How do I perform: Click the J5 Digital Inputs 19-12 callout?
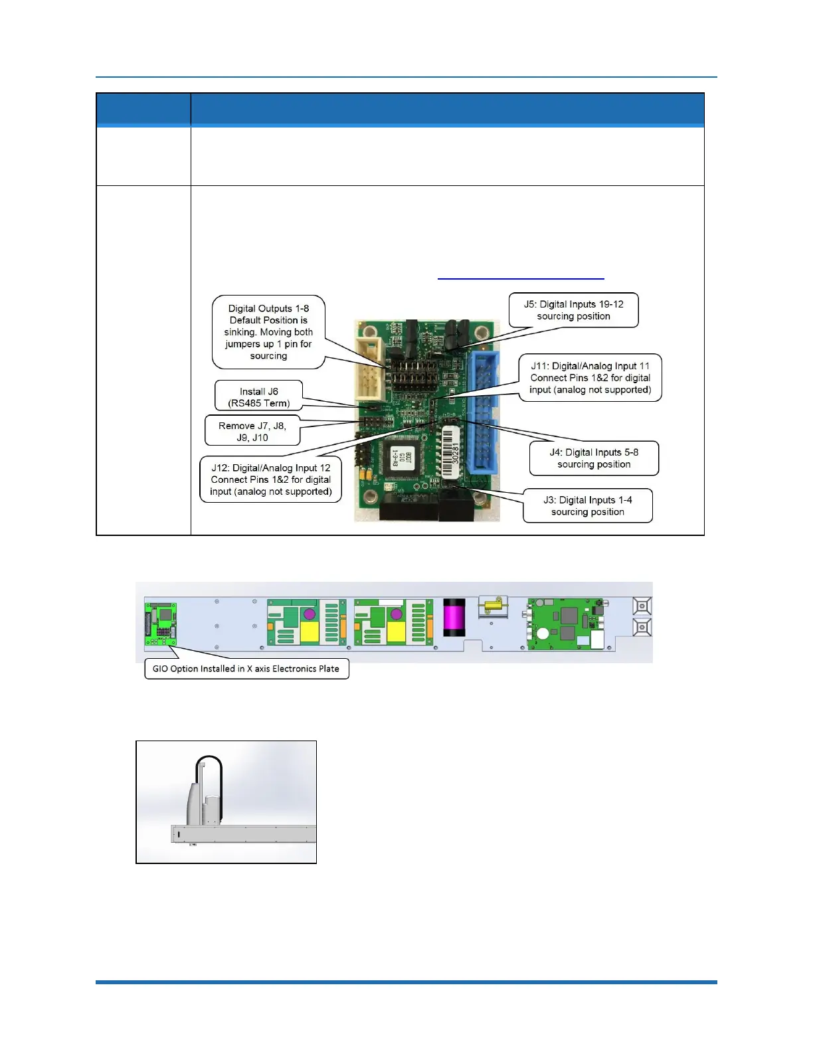click(573, 310)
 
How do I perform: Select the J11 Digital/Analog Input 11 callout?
click(590, 377)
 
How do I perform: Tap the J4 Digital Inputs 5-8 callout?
click(594, 458)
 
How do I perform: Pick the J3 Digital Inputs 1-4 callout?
click(587, 506)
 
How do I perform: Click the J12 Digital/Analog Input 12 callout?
click(270, 480)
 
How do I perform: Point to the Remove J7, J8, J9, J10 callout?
click(252, 431)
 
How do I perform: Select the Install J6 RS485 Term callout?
click(258, 396)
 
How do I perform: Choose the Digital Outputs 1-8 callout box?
click(268, 332)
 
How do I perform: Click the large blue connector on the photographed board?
click(484, 412)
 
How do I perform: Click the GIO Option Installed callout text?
click(246, 669)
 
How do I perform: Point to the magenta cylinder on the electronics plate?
click(454, 617)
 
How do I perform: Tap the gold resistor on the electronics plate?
click(493, 604)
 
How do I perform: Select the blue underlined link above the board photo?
click(521, 278)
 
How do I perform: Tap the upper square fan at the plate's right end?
click(642, 606)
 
